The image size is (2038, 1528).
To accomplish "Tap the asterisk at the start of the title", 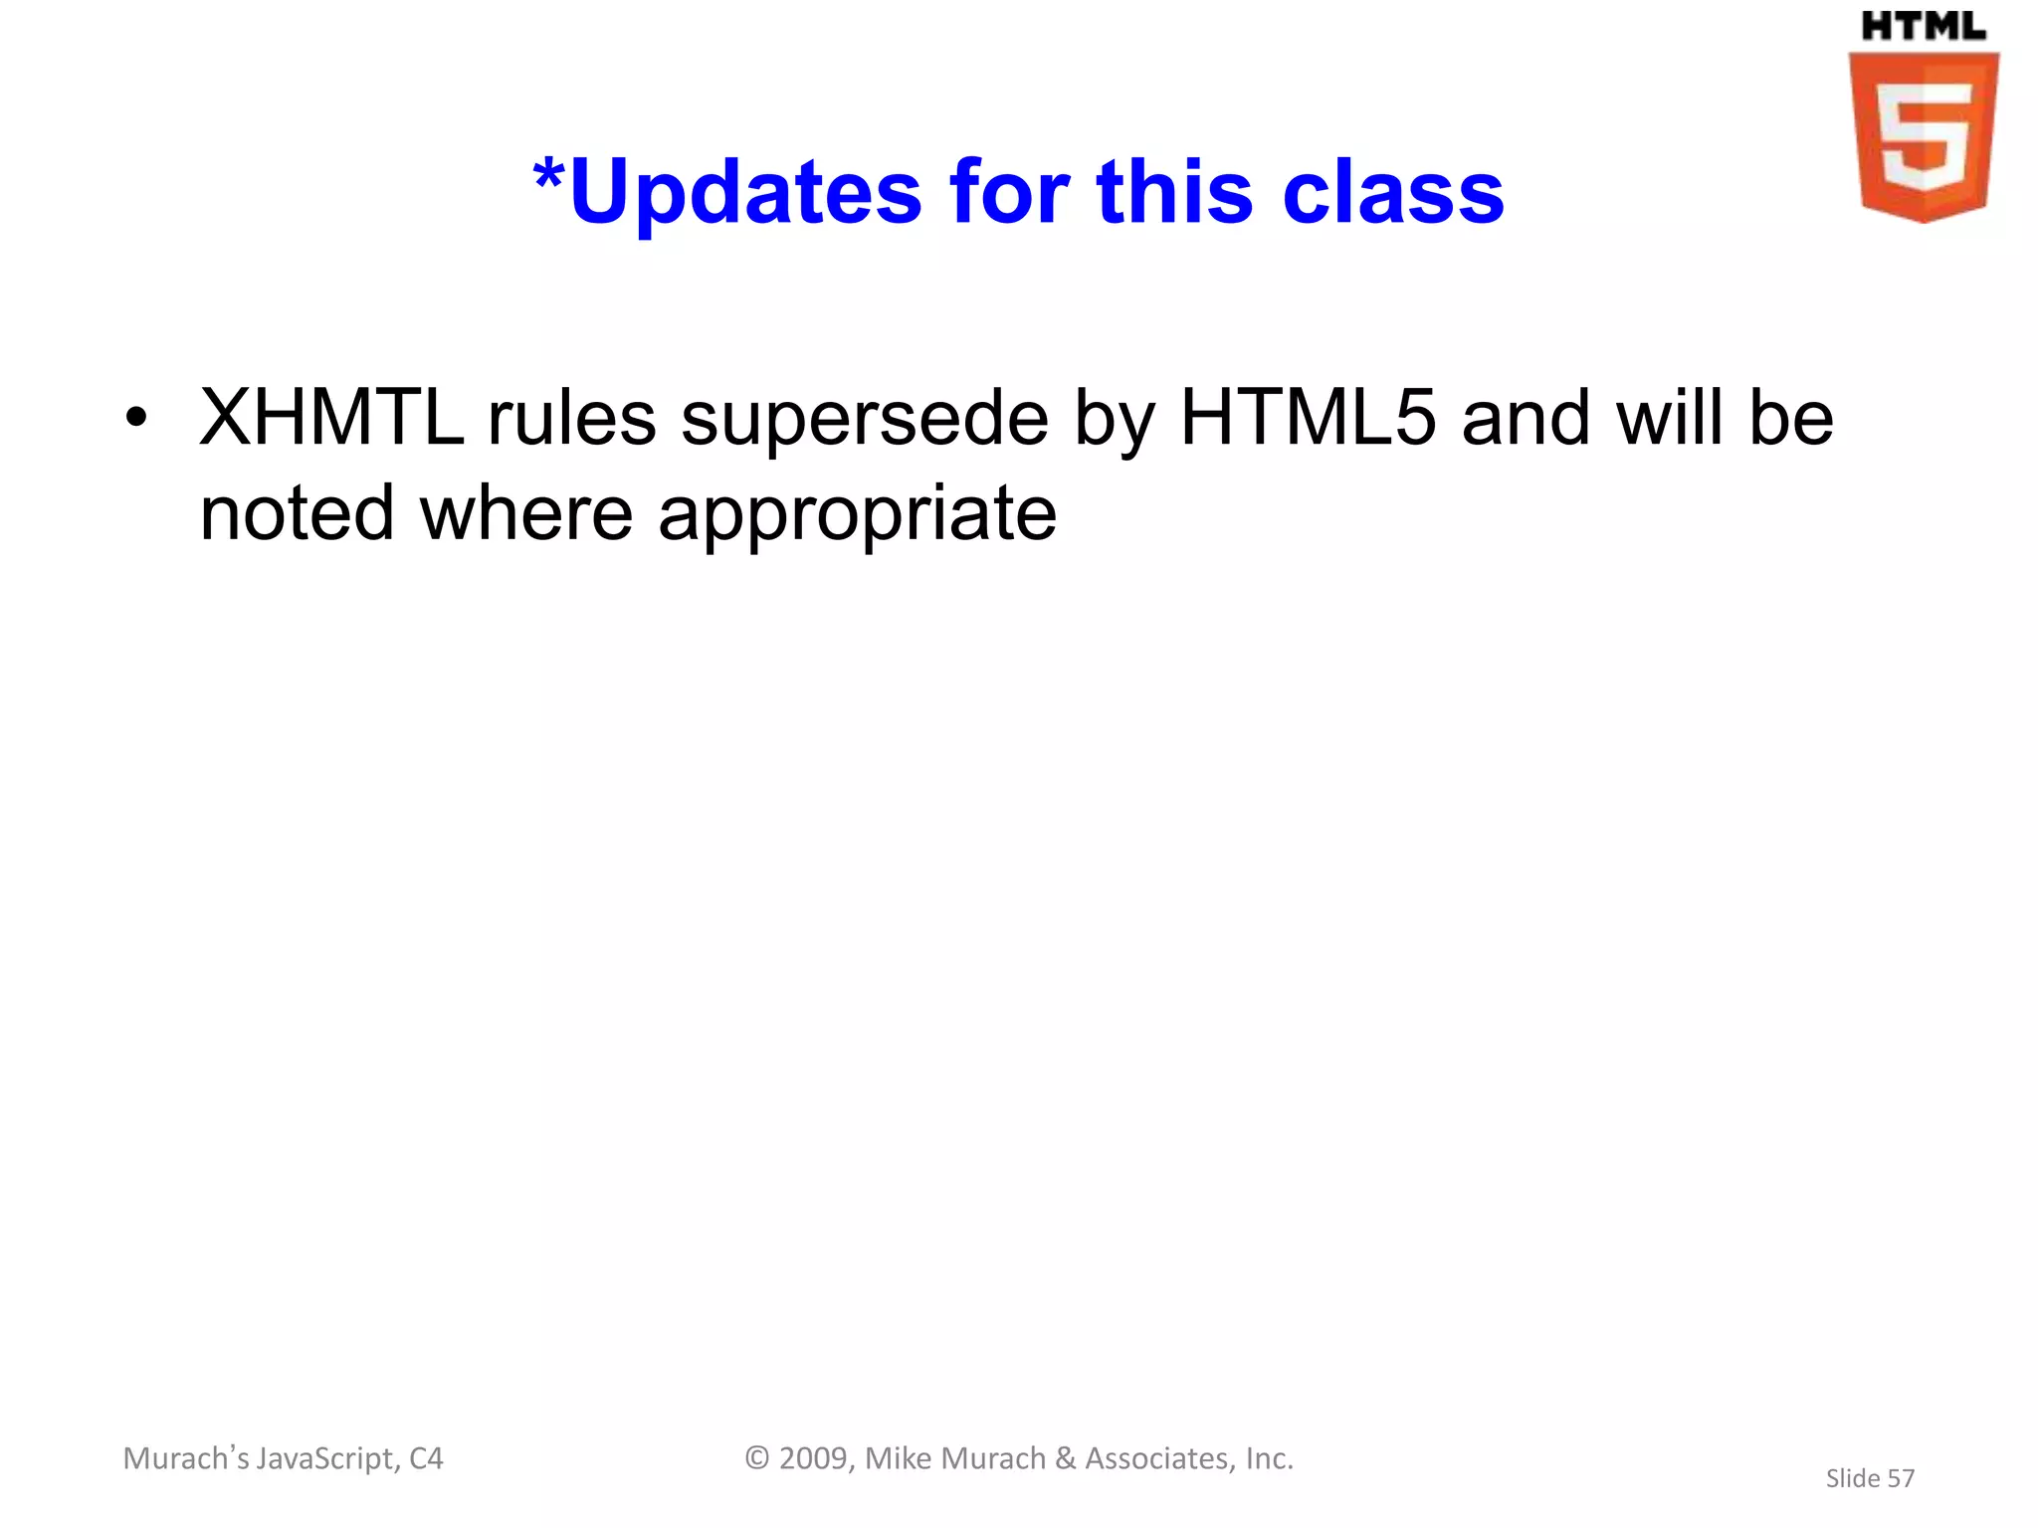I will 548,179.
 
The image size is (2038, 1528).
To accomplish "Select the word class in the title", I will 1393,192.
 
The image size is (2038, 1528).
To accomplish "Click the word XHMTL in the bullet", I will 331,418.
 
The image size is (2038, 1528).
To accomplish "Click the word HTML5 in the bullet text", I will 1308,418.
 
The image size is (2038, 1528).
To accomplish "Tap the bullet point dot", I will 136,419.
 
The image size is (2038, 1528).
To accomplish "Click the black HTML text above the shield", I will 1923,27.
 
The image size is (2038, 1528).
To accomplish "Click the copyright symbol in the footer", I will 757,1458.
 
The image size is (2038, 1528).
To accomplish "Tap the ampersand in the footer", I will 1065,1458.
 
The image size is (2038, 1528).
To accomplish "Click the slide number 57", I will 1900,1479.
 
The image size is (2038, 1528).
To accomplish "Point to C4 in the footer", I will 426,1458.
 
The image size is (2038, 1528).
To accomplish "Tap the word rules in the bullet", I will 571,418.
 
